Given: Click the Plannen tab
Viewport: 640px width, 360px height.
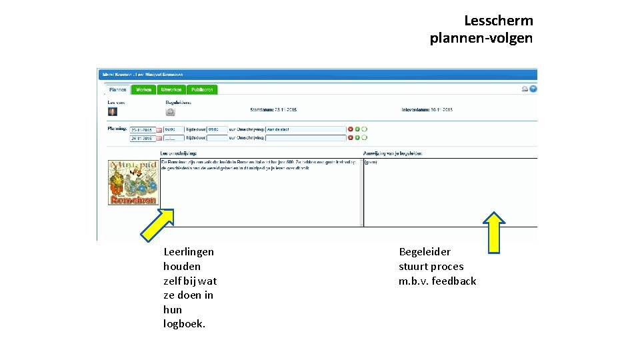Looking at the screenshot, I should (118, 89).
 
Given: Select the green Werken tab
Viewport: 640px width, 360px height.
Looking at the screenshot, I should (143, 89).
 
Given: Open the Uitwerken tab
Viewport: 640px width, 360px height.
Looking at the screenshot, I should (171, 89).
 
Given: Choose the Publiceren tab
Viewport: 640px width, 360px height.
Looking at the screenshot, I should (202, 89).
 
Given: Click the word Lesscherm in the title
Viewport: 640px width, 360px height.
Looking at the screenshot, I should (499, 21).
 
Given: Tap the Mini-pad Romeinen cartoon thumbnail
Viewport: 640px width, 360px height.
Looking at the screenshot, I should (133, 182).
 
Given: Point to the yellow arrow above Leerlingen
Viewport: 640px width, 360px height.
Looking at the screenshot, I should (157, 223).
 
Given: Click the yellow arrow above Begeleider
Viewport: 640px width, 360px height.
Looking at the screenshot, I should (494, 232).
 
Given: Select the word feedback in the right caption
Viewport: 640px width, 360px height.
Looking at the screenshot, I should (454, 281).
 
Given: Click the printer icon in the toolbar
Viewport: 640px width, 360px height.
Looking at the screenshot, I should (525, 89).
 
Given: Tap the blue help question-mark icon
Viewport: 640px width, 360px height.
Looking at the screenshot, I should (533, 89).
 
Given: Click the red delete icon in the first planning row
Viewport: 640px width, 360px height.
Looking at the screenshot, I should (350, 129).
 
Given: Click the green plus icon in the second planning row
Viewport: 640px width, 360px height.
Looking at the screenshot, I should (357, 138).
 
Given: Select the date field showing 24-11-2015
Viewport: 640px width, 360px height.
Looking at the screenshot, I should (142, 139).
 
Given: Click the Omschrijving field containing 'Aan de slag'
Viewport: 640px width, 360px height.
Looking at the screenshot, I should (305, 129).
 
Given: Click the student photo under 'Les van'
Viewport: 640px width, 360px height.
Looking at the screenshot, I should (113, 112).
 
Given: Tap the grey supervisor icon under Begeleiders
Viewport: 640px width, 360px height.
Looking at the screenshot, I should (170, 112).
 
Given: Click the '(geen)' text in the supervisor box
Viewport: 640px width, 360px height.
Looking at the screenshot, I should (371, 162).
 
